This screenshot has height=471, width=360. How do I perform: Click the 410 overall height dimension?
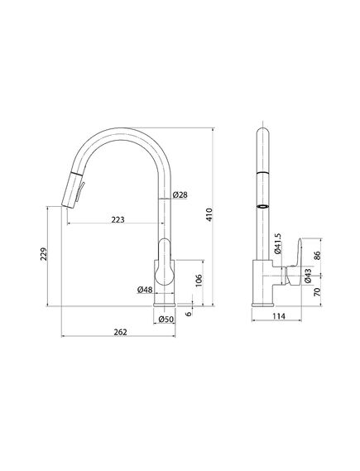coord(209,214)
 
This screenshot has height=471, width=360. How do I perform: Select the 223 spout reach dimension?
coord(118,220)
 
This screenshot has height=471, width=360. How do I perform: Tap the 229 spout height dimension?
coord(44,254)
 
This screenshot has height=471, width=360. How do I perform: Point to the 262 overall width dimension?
coord(120,332)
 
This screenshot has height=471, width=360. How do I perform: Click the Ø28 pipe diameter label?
coord(180,195)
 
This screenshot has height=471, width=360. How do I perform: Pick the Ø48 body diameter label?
coord(145,290)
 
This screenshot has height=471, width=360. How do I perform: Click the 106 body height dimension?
coord(199,281)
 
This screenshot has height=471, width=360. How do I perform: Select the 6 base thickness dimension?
coord(189,314)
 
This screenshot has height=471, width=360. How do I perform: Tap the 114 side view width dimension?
coord(279,316)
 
